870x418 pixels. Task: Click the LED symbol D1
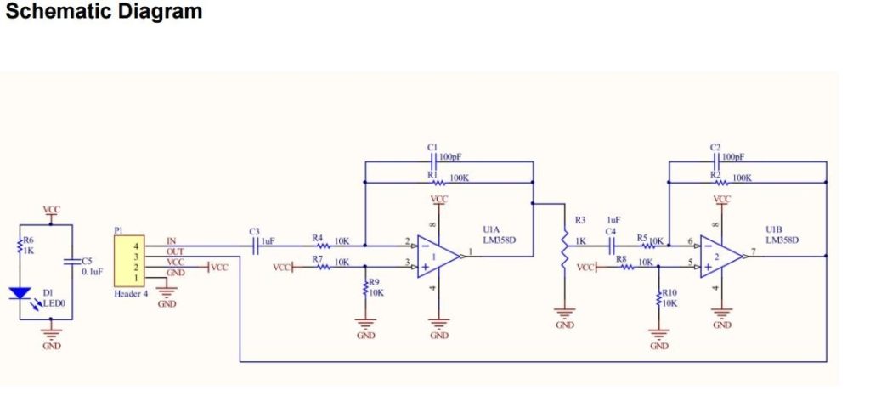(20, 294)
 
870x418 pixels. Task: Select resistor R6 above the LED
(20, 248)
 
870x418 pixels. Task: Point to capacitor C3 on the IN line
(256, 246)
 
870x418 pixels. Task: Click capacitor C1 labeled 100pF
(434, 159)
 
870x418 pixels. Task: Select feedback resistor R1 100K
(434, 180)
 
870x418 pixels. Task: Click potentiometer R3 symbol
(564, 250)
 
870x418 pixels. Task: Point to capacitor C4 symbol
(611, 246)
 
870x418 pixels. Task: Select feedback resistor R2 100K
(717, 180)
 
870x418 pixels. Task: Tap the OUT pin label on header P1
(175, 252)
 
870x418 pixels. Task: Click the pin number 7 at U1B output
(754, 252)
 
